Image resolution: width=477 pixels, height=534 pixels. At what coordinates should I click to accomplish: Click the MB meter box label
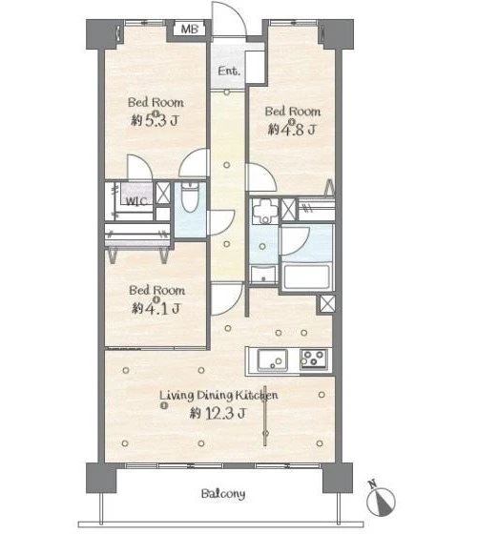[x=190, y=29]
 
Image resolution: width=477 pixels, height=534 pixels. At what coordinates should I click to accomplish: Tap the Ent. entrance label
[x=229, y=71]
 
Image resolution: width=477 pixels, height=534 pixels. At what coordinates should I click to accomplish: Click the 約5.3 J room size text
[x=155, y=120]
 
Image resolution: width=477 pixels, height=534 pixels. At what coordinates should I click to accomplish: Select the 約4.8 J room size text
[x=292, y=130]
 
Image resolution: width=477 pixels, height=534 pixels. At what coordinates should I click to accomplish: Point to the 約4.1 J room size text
[x=156, y=309]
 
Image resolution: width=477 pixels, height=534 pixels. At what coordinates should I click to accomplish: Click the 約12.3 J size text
[x=218, y=414]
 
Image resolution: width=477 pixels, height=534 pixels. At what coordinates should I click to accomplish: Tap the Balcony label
[x=223, y=494]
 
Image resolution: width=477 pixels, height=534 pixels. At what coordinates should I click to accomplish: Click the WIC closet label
[x=136, y=201]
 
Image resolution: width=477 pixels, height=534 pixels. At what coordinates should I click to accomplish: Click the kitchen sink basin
[x=272, y=360]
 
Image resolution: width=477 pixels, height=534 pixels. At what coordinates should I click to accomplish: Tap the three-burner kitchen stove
[x=314, y=359]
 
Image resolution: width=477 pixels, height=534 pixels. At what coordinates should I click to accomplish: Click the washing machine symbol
[x=265, y=211]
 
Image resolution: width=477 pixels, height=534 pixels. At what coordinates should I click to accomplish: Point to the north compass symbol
[x=381, y=500]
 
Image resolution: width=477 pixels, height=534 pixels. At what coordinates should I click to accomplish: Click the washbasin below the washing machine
[x=263, y=275]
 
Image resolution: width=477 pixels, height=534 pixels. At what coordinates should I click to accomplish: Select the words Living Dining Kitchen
[x=218, y=395]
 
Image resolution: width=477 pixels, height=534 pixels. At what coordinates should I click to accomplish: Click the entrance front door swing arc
[x=235, y=13]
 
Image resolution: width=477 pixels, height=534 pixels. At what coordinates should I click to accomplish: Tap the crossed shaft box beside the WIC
[x=163, y=194]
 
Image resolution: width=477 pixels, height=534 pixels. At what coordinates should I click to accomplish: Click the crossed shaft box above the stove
[x=327, y=304]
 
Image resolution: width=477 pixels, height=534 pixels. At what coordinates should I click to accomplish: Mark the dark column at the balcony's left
[x=101, y=478]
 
